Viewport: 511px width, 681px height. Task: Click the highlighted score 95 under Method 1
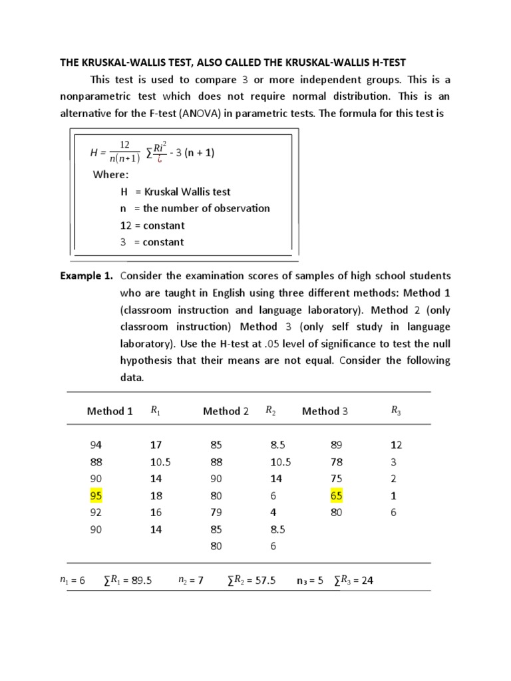[96, 496]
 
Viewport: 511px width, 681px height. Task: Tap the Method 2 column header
[226, 411]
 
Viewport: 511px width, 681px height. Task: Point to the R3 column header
[396, 411]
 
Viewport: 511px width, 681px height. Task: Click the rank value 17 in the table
[156, 444]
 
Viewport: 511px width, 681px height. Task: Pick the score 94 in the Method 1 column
[96, 444]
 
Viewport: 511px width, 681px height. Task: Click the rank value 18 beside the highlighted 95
[156, 496]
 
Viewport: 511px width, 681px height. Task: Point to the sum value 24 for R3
[367, 580]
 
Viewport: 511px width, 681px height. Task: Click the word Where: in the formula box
[110, 175]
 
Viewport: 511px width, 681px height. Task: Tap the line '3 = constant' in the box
[152, 242]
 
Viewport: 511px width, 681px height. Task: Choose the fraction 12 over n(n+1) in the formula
[124, 153]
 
